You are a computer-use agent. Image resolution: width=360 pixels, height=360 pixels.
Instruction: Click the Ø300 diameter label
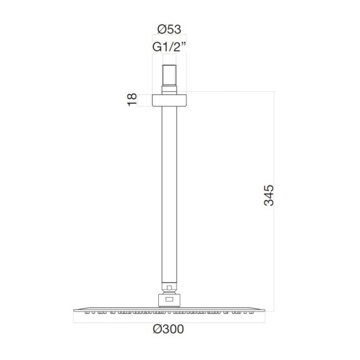point(169,329)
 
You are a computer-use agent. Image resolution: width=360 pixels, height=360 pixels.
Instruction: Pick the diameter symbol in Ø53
point(160,28)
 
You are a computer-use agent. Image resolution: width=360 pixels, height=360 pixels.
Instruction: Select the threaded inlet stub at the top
point(169,75)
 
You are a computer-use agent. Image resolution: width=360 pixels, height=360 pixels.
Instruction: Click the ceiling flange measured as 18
point(169,100)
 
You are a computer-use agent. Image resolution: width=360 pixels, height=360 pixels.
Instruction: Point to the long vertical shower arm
point(169,196)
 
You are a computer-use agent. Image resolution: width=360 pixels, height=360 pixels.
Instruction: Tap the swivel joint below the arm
point(169,287)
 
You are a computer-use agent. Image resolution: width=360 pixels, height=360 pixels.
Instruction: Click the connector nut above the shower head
point(169,299)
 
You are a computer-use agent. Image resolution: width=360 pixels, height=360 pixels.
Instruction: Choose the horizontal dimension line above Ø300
point(169,320)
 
